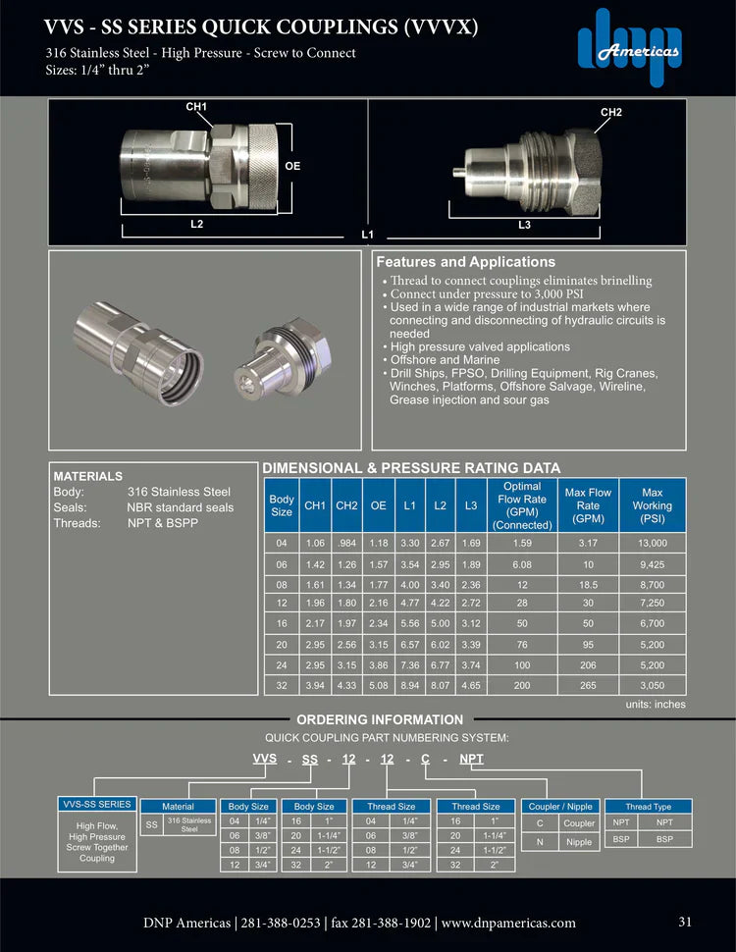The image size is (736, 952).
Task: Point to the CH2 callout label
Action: coord(610,113)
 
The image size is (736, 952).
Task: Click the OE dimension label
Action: coord(292,166)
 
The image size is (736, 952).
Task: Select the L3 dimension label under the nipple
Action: coord(524,225)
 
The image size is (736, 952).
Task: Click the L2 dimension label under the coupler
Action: coord(196,225)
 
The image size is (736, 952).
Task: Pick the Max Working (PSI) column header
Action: coord(653,505)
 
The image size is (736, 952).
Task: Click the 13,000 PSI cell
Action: coord(653,543)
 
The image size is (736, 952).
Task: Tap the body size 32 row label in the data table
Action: coord(281,684)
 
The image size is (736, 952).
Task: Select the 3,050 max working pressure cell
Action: coord(653,684)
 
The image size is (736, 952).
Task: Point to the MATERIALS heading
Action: coord(88,476)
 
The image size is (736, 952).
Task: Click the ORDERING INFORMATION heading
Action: coord(380,719)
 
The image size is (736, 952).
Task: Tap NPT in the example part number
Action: coord(472,759)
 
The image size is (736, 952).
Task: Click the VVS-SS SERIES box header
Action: coord(97,805)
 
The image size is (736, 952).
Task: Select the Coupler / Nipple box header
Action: coord(560,806)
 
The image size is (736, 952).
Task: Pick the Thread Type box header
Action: coord(649,806)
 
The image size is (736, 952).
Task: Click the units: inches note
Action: coord(656,705)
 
